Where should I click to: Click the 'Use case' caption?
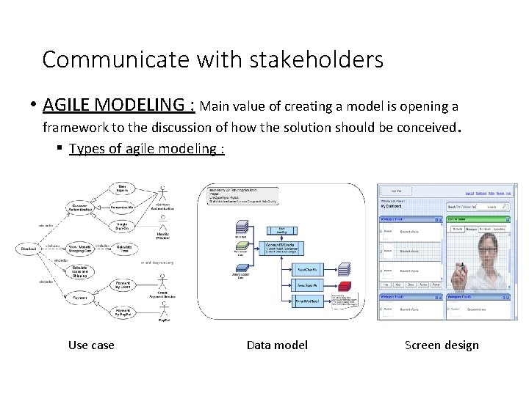[x=91, y=345]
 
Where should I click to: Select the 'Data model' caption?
[x=277, y=345]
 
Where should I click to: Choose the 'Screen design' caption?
[x=442, y=345]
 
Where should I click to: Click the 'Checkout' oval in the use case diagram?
[x=29, y=249]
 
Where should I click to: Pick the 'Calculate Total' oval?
[x=124, y=248]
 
